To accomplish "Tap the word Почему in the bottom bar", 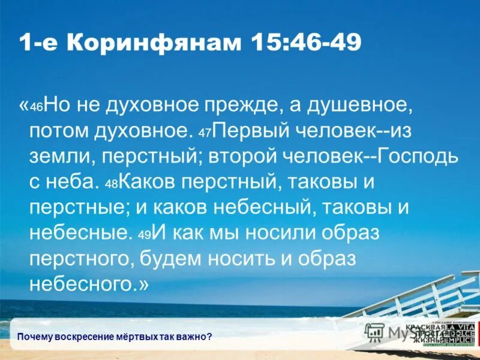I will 35,336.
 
